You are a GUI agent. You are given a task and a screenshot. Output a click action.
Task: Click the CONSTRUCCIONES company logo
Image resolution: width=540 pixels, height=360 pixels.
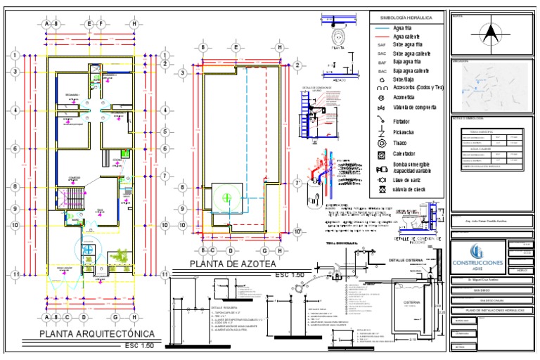(477, 256)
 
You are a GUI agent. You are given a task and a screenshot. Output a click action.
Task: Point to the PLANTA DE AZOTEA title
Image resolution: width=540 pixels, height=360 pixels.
(232, 264)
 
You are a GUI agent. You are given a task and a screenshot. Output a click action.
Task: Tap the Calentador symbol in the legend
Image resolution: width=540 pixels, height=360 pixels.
(380, 154)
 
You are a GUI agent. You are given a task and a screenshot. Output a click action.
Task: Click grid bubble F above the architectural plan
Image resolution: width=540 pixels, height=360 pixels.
(101, 23)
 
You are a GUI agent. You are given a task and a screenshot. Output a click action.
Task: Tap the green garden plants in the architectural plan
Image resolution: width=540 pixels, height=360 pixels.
(124, 254)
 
